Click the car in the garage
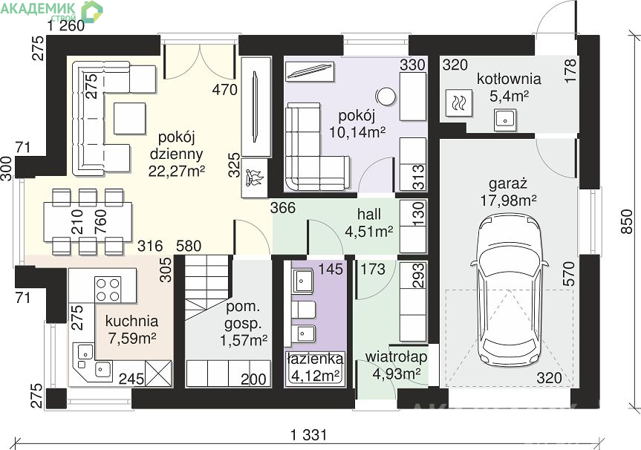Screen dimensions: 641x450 tap(510, 292)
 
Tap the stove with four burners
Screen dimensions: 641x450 tap(108, 290)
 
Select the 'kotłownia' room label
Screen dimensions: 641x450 tap(509, 79)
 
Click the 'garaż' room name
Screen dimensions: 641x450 tap(508, 184)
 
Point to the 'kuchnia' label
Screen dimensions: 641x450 tap(131, 321)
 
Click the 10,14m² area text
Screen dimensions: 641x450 tap(357, 132)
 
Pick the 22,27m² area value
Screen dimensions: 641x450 tap(176, 171)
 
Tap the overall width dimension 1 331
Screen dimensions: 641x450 tap(309, 435)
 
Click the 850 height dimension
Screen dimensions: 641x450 tap(627, 221)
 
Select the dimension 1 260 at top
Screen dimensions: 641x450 tap(66, 26)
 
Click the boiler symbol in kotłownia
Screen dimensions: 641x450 tap(458, 102)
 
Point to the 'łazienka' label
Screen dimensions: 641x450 tap(315, 359)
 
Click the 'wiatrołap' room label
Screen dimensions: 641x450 tap(396, 356)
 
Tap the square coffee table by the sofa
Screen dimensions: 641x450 tap(129, 119)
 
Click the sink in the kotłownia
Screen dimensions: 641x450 tap(505, 120)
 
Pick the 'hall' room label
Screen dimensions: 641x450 tap(368, 214)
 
